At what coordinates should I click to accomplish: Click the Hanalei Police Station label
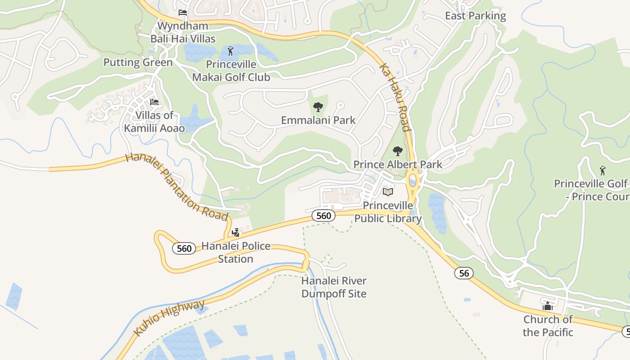[236, 252]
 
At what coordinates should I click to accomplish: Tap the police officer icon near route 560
[235, 233]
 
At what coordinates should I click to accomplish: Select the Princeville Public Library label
[388, 212]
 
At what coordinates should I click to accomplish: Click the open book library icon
[387, 192]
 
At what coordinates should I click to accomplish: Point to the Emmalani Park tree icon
[318, 107]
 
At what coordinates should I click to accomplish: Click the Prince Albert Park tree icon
[397, 151]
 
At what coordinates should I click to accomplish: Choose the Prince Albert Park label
[398, 164]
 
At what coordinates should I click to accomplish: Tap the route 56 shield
[464, 273]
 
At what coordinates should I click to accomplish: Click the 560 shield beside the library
[324, 216]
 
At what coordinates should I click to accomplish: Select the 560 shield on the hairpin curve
[184, 248]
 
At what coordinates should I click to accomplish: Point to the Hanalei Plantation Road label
[176, 187]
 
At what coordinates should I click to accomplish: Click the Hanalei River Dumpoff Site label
[334, 287]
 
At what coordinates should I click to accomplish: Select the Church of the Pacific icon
[548, 306]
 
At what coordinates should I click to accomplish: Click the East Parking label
[475, 16]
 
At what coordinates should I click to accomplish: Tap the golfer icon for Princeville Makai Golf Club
[231, 51]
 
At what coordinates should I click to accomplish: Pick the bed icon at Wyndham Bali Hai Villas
[182, 13]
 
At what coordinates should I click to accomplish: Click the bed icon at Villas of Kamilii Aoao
[154, 102]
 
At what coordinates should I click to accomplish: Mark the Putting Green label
[138, 62]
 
